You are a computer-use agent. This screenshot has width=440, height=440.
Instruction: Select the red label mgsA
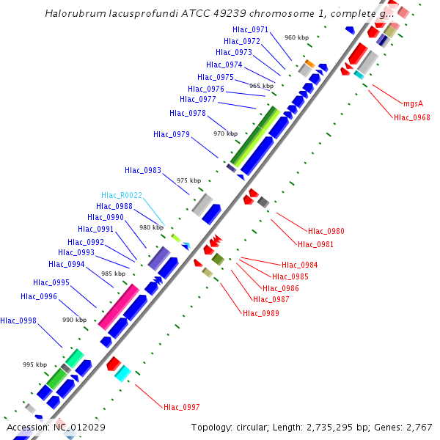(x=413, y=104)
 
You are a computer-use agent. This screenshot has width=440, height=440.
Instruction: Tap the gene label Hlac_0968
(x=411, y=117)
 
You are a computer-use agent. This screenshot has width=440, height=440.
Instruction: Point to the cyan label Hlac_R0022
(x=122, y=195)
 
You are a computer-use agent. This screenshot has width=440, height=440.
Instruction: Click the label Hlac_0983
(x=143, y=170)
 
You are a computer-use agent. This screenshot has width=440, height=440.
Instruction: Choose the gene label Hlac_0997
(x=182, y=407)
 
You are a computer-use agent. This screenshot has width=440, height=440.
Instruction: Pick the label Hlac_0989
(x=260, y=314)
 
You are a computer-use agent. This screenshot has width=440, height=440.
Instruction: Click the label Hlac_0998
(x=18, y=320)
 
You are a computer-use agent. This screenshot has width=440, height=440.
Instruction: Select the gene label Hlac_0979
(x=172, y=134)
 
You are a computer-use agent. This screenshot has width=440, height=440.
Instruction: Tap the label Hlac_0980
(x=326, y=232)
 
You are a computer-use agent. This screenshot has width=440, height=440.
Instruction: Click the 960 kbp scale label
(x=296, y=37)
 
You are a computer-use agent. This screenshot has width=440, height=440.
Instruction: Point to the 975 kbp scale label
(x=189, y=180)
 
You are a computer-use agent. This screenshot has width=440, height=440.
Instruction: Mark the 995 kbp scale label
(x=34, y=364)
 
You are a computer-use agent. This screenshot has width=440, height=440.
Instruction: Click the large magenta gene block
(x=119, y=307)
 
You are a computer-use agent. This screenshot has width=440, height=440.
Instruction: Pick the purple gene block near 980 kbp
(x=159, y=258)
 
